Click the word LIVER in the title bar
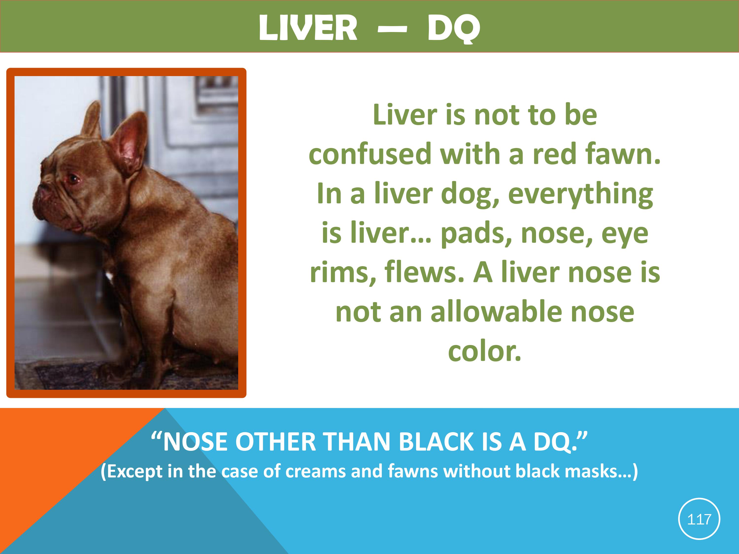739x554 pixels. click(x=308, y=28)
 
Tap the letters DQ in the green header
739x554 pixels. click(x=454, y=29)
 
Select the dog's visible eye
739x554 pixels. click(x=72, y=179)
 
